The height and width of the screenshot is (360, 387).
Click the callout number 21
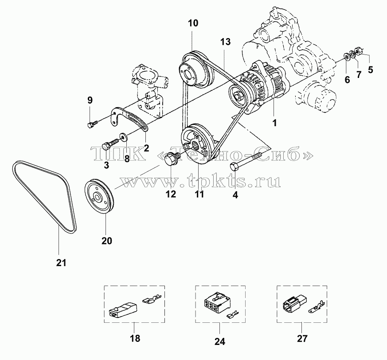[x=61, y=263]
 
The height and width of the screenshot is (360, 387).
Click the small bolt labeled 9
[x=92, y=124]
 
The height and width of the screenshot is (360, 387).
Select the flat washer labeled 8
[x=123, y=136]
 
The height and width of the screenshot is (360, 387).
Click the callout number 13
[x=225, y=42]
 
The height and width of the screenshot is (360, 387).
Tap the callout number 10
[x=193, y=23]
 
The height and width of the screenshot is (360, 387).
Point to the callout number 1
[x=275, y=123]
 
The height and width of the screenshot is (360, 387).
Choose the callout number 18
[x=136, y=338]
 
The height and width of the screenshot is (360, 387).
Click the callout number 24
[x=220, y=341]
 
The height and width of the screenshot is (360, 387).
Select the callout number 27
[x=302, y=338]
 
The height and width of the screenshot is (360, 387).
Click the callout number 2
[x=146, y=148]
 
